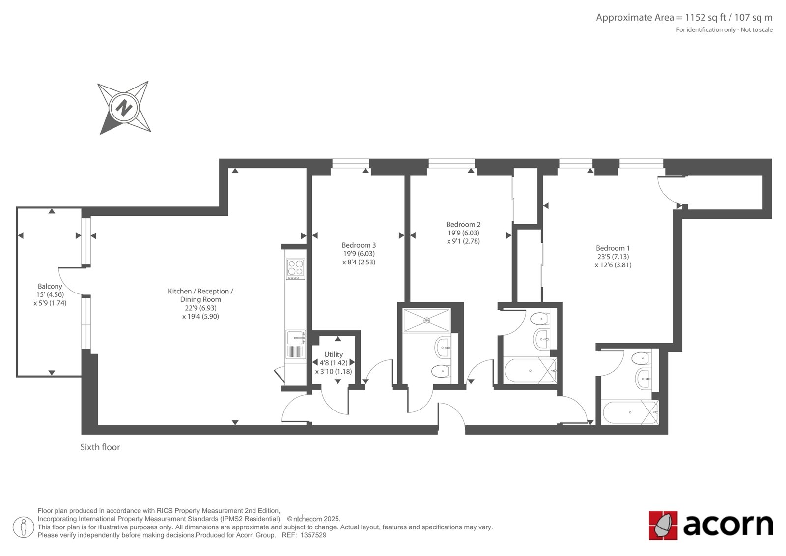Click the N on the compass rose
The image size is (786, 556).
tap(124, 108)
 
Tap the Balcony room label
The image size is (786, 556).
tap(50, 286)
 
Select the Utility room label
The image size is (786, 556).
tap(334, 354)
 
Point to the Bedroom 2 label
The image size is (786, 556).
tap(463, 224)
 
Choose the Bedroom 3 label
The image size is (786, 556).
tap(359, 245)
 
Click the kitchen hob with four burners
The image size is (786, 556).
tap(295, 269)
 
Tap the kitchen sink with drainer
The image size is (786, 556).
tap(295, 344)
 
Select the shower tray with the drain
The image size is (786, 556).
tap(427, 321)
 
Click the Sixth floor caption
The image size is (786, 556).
tap(100, 447)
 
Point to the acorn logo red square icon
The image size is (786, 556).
tap(663, 526)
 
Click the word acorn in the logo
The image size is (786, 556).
tap(728, 525)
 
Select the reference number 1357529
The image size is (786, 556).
tap(313, 535)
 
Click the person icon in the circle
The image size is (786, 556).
tap(23, 527)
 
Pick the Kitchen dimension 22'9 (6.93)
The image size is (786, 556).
tap(201, 308)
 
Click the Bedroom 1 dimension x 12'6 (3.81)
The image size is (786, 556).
tap(613, 265)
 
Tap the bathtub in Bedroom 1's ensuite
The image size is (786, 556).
tap(631, 412)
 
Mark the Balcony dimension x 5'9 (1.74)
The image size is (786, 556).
tap(50, 303)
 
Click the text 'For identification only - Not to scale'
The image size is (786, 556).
tap(724, 30)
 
